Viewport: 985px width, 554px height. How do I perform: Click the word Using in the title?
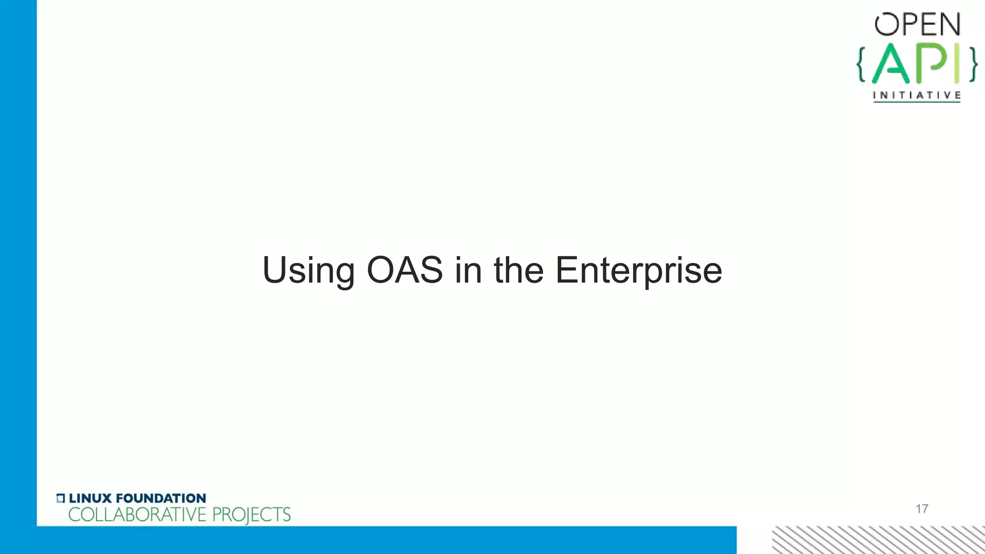point(308,271)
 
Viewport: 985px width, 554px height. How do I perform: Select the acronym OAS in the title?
point(404,270)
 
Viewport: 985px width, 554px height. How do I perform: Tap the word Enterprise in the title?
point(638,271)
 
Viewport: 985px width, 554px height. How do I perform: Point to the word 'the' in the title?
point(518,270)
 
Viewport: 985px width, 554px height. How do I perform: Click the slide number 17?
point(922,509)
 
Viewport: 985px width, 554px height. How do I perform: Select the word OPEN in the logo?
point(917,25)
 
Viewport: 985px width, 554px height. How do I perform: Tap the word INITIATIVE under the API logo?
point(917,95)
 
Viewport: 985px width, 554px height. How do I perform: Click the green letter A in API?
point(891,64)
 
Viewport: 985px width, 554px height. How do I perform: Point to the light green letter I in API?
point(957,63)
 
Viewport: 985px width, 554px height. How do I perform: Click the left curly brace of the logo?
point(861,64)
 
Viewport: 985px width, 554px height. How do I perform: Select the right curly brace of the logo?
point(973,64)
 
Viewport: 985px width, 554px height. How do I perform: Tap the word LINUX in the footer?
point(90,498)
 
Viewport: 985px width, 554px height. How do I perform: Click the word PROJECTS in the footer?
point(251,515)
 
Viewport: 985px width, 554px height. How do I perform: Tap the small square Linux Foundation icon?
point(60,498)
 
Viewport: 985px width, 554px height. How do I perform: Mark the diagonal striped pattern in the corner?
point(878,540)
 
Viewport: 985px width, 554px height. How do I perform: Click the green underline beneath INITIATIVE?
point(917,101)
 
